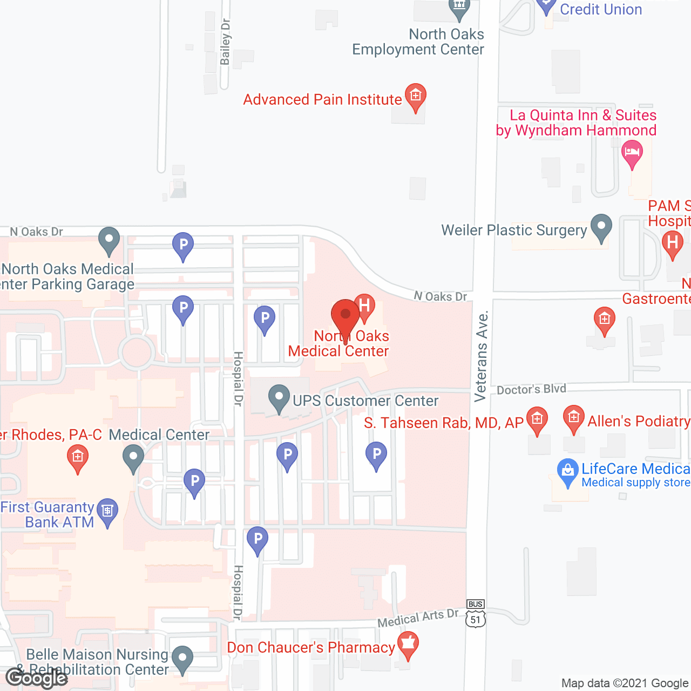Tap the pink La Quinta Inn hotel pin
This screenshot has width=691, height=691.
click(x=632, y=153)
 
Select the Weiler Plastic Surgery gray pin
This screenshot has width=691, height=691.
click(x=601, y=228)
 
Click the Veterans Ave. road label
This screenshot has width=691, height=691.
click(x=481, y=356)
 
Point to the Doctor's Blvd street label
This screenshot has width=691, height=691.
click(x=531, y=389)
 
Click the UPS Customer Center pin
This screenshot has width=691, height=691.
click(x=279, y=398)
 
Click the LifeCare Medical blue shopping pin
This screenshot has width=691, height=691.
click(x=567, y=472)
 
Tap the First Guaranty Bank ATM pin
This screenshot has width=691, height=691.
click(x=107, y=511)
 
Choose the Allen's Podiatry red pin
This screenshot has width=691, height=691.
click(x=573, y=419)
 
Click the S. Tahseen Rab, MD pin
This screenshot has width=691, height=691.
click(x=537, y=420)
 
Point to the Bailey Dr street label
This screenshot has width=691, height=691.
click(x=226, y=42)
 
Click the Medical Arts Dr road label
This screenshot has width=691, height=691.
click(x=418, y=619)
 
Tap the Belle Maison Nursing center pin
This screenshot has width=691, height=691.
click(x=182, y=659)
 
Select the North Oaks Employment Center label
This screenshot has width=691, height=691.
click(x=418, y=42)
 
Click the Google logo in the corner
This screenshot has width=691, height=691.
click(x=37, y=678)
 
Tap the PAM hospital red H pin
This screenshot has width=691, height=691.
click(x=672, y=243)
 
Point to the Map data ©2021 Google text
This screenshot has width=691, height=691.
click(x=625, y=683)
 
